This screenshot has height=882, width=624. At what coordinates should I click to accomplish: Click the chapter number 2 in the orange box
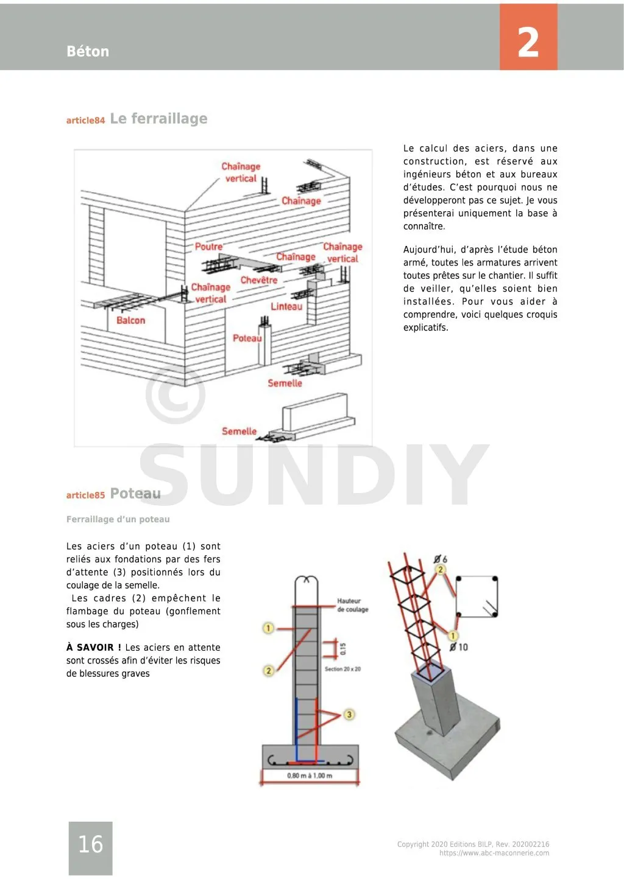528,43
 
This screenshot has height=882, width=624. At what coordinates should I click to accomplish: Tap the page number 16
90,844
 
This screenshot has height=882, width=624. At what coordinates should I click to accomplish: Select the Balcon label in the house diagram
131,320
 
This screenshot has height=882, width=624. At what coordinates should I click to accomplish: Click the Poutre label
208,247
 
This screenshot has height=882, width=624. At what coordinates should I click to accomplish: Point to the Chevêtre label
259,280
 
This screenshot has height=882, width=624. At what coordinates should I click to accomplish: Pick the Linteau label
286,306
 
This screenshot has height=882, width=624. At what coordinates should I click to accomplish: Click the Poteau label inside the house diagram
247,338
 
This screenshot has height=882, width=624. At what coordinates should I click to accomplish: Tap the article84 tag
85,121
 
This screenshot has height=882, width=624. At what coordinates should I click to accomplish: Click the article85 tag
85,495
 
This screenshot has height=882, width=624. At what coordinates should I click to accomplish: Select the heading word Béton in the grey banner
88,52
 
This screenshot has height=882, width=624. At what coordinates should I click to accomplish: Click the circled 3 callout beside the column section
349,714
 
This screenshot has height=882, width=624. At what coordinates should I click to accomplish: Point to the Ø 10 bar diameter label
458,647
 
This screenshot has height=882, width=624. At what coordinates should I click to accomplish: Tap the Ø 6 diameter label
441,559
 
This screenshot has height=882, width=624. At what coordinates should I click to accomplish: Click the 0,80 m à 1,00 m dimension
310,775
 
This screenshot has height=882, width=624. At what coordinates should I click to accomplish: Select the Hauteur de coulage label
352,605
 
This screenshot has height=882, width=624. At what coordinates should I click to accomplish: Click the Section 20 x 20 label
342,669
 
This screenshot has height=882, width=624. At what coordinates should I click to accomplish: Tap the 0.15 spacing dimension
342,649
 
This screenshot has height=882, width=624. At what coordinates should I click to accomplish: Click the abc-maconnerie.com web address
494,853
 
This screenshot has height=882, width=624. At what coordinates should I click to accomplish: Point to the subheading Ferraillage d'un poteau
118,519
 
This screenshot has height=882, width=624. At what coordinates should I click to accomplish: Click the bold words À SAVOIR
93,648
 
